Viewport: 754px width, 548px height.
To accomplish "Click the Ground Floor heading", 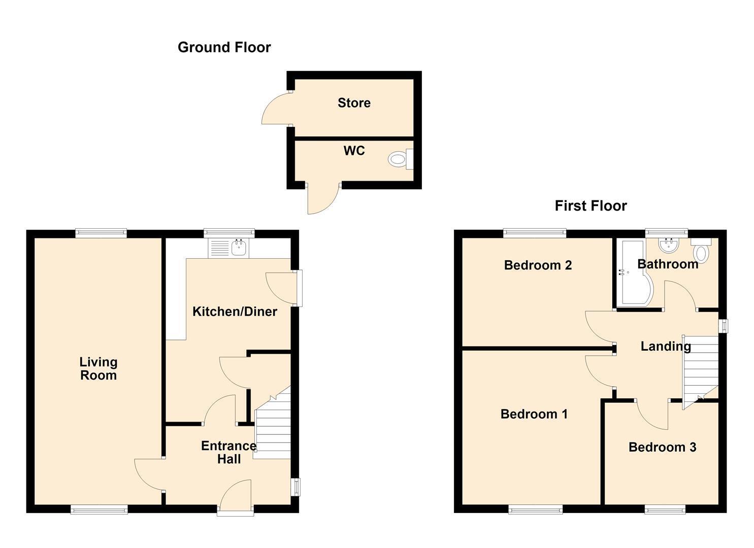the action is point(224,47).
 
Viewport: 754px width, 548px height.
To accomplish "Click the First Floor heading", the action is point(591,206).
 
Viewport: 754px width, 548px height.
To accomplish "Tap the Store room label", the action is point(354,103).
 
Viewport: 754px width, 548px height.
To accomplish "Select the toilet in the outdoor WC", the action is point(401,159).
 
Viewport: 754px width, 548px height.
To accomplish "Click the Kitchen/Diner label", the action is point(235,312).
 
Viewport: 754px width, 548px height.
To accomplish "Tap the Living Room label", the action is point(99,369).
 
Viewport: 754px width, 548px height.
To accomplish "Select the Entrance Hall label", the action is point(228,452).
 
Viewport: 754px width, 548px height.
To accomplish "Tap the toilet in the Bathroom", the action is point(702,251).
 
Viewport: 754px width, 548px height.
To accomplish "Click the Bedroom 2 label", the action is point(538,265).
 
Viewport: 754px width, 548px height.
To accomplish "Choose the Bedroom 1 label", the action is point(534,414).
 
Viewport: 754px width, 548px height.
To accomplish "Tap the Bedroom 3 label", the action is point(663,448).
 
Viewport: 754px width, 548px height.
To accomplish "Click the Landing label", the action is point(666,346).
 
